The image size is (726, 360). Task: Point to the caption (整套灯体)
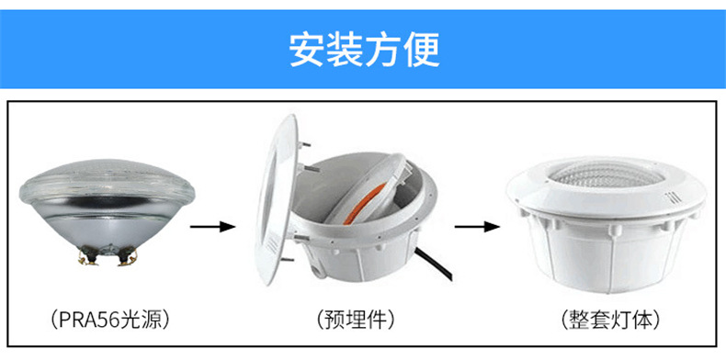609,321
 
